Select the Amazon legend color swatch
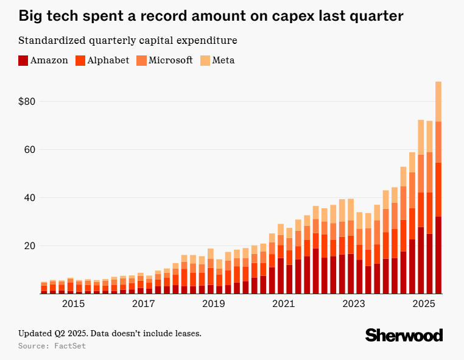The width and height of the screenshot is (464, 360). click(23, 60)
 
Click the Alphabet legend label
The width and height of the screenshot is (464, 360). click(108, 60)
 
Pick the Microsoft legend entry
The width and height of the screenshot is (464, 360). click(170, 60)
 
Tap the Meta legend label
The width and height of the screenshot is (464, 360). click(223, 60)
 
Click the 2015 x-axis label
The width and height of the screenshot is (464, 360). click(73, 303)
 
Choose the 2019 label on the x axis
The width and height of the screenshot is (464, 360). click(213, 303)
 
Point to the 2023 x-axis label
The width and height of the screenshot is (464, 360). click(353, 303)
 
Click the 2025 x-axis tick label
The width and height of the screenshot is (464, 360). click(423, 303)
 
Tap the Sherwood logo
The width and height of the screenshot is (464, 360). click(404, 335)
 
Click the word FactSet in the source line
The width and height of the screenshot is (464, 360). click(70, 346)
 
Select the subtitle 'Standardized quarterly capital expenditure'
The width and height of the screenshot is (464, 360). click(127, 41)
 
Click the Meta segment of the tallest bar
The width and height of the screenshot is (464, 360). click(438, 101)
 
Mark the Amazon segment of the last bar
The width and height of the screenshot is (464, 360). click(438, 256)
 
